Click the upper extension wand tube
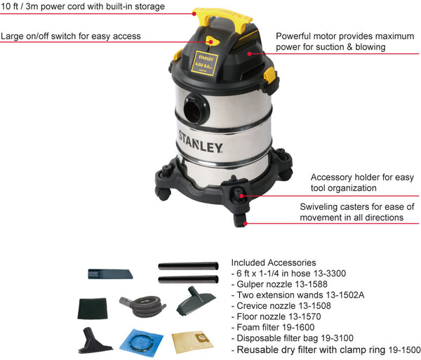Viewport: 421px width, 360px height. [x=188, y=266]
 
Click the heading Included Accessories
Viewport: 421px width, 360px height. [x=273, y=262]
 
